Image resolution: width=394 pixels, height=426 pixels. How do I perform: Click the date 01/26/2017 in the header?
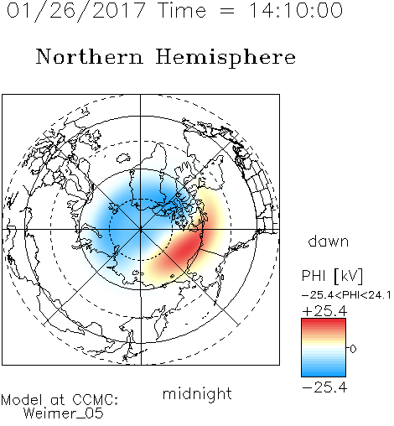[75, 11]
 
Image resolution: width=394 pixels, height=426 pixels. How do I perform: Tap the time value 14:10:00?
[296, 10]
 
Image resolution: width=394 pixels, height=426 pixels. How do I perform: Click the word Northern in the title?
[90, 56]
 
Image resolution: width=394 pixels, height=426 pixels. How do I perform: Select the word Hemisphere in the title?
[226, 58]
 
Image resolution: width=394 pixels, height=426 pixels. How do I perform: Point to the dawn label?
[329, 241]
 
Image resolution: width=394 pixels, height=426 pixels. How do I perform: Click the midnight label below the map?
[197, 394]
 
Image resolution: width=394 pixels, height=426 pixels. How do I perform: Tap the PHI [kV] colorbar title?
[332, 276]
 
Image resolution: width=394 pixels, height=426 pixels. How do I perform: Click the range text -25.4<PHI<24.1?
[346, 295]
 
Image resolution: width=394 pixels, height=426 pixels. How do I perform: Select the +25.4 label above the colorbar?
[324, 311]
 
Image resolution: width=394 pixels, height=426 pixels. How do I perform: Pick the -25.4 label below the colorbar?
[324, 387]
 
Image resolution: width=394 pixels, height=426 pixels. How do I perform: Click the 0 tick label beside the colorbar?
[353, 349]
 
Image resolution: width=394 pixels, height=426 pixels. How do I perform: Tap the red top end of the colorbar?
[324, 320]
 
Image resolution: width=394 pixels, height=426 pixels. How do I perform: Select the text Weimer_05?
[64, 413]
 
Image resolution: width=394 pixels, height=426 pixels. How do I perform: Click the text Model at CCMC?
[60, 400]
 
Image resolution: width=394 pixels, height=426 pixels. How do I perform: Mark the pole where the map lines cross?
[141, 230]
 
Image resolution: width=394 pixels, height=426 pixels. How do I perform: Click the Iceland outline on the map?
[123, 158]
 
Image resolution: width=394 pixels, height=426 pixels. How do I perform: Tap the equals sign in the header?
[226, 12]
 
